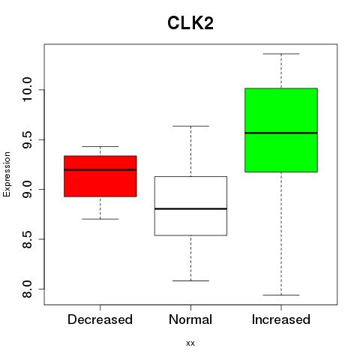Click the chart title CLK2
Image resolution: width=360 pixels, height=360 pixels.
click(x=190, y=23)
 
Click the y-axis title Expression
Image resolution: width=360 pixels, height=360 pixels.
click(x=7, y=175)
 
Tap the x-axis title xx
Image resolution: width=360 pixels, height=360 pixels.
click(x=190, y=343)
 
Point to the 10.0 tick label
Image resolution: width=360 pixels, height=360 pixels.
click(x=27, y=89)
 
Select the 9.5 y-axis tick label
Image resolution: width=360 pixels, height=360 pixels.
click(x=27, y=139)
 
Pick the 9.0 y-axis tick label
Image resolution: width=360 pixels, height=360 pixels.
click(x=27, y=189)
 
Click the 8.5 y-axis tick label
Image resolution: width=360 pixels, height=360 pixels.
click(x=27, y=239)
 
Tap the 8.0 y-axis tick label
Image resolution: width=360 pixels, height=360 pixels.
click(x=27, y=289)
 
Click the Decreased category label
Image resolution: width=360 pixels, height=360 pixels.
click(x=100, y=319)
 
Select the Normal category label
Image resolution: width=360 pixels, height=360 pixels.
click(x=190, y=319)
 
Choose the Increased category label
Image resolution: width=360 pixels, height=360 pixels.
click(x=281, y=319)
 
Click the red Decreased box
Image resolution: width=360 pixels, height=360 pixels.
click(x=100, y=176)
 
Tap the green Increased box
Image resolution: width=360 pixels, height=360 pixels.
click(x=281, y=130)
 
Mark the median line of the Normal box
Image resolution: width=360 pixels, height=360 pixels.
click(x=190, y=208)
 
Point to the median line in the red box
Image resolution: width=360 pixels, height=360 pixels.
click(x=100, y=169)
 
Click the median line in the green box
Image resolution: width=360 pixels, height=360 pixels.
click(x=281, y=133)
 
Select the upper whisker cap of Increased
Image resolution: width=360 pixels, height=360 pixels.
click(x=281, y=54)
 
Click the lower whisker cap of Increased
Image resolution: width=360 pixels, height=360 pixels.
click(x=281, y=295)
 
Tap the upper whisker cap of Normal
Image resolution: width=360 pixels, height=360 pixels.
click(x=190, y=126)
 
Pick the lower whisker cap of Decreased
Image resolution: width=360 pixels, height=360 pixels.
click(x=100, y=219)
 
